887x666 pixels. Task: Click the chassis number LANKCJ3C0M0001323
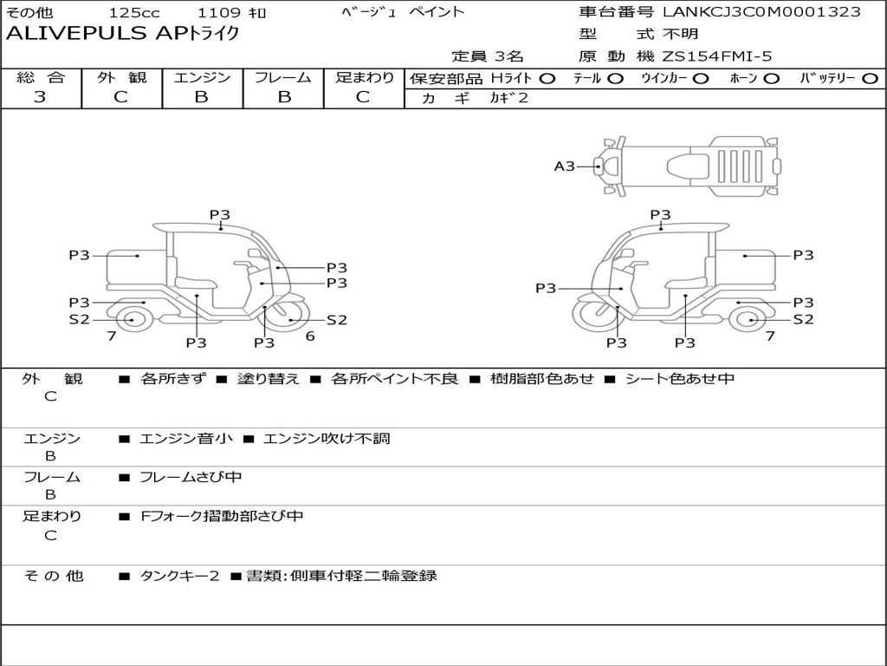761,12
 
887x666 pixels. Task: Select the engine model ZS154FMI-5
717,56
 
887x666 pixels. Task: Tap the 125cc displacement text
134,13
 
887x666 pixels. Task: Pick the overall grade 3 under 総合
40,97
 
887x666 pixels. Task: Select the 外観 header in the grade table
121,77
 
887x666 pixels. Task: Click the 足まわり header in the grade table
364,77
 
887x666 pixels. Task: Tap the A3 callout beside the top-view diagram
565,166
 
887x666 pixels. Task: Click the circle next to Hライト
547,78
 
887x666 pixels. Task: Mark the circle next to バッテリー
870,78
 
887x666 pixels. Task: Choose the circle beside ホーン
771,78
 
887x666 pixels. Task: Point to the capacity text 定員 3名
489,56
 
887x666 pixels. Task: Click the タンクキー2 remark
179,576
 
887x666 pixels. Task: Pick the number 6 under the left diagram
309,336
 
